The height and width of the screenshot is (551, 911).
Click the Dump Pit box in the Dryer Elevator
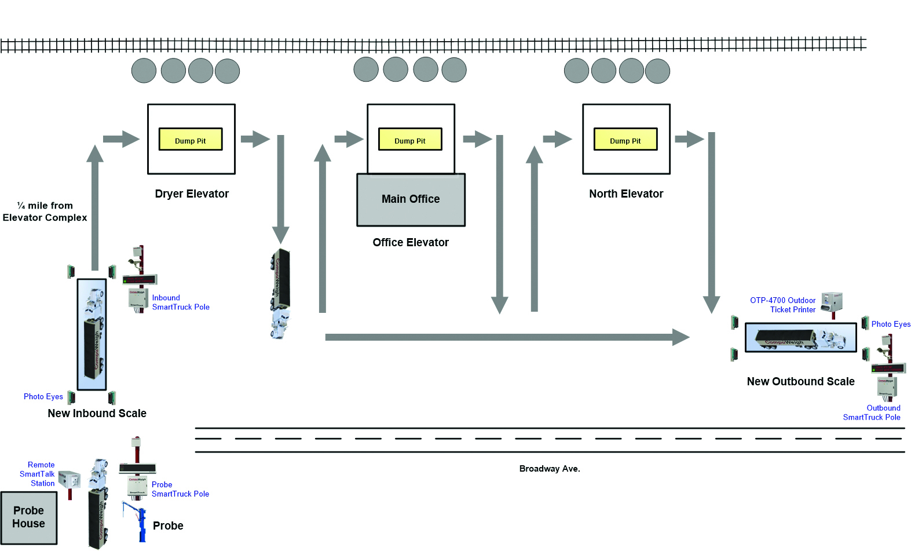191,140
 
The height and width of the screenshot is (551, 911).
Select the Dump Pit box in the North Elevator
625,140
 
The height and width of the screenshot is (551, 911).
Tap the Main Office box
411,199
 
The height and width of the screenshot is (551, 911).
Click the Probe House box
29,517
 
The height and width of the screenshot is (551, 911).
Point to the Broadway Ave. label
550,469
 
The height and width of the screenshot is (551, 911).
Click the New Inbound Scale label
97,413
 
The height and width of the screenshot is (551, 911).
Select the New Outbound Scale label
800,381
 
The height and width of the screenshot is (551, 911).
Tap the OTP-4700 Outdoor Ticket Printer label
783,305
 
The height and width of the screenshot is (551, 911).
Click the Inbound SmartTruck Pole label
181,302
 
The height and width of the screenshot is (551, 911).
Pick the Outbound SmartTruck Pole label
872,413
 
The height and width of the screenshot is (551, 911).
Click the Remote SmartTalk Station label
38,474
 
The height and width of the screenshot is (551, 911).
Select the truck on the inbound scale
92,334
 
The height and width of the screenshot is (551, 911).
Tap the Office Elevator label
411,242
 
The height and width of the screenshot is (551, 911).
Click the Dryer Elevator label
192,194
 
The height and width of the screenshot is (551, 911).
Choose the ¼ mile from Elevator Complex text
45,211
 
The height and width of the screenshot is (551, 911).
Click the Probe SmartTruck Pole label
180,489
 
